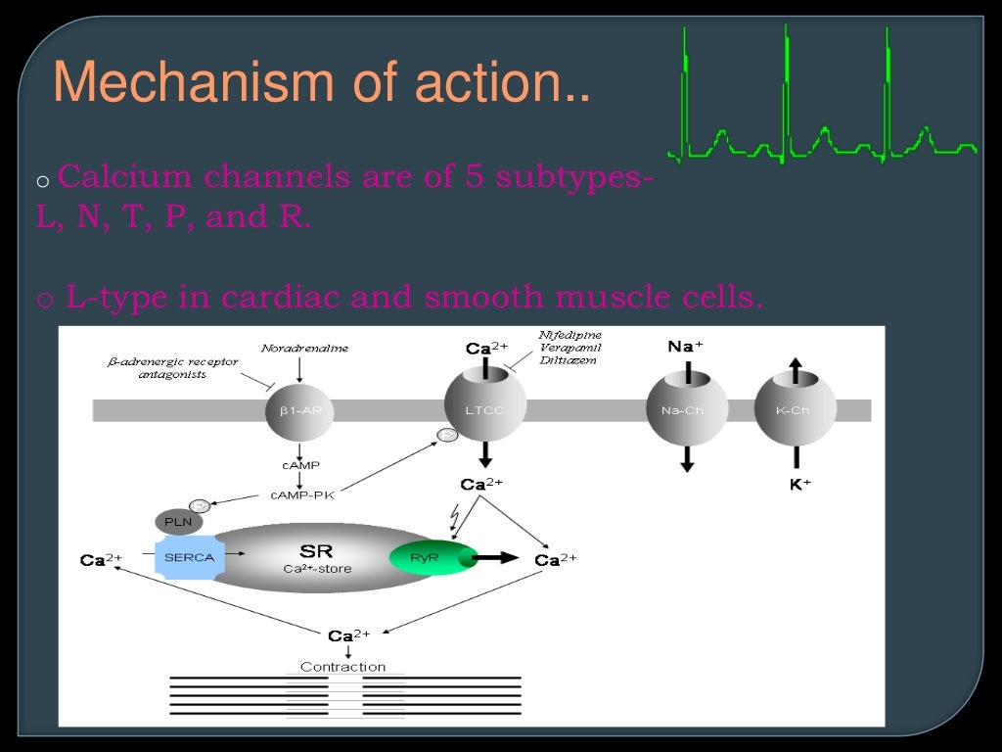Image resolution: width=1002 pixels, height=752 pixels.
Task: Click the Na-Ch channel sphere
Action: pyautogui.click(x=687, y=409)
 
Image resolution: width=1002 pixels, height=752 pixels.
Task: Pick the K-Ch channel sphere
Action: pyautogui.click(x=796, y=409)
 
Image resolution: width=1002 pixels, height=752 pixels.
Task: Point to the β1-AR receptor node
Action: pyautogui.click(x=300, y=409)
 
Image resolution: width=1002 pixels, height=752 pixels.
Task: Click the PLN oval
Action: pyautogui.click(x=177, y=522)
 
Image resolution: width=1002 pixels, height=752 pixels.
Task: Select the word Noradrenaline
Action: pyautogui.click(x=304, y=349)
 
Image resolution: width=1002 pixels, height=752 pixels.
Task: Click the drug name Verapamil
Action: pyautogui.click(x=569, y=348)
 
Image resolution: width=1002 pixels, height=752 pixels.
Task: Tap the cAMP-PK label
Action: pyautogui.click(x=302, y=495)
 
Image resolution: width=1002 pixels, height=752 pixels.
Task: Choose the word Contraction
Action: pyautogui.click(x=343, y=667)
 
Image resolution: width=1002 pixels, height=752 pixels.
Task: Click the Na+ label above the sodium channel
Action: pyautogui.click(x=685, y=346)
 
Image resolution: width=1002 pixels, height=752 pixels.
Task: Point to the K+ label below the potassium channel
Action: pyautogui.click(x=800, y=484)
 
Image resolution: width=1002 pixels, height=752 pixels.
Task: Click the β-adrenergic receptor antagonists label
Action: pyautogui.click(x=172, y=368)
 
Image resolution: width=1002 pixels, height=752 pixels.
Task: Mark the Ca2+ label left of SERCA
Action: pyautogui.click(x=101, y=560)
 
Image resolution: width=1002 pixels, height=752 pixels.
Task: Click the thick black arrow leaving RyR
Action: pyautogui.click(x=497, y=558)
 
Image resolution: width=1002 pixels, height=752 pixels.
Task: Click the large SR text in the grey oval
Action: pyautogui.click(x=315, y=551)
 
